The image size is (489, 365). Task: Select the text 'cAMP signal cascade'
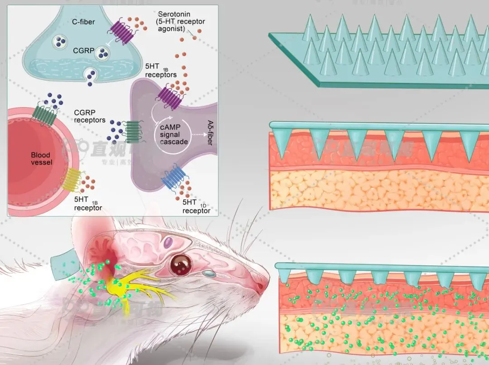(x=170, y=135)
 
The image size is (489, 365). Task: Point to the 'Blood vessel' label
(x=41, y=158)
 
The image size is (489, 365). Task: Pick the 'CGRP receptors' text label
(x=90, y=117)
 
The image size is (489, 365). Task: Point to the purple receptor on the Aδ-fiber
(x=169, y=97)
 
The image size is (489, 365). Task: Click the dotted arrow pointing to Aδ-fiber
(x=197, y=134)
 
